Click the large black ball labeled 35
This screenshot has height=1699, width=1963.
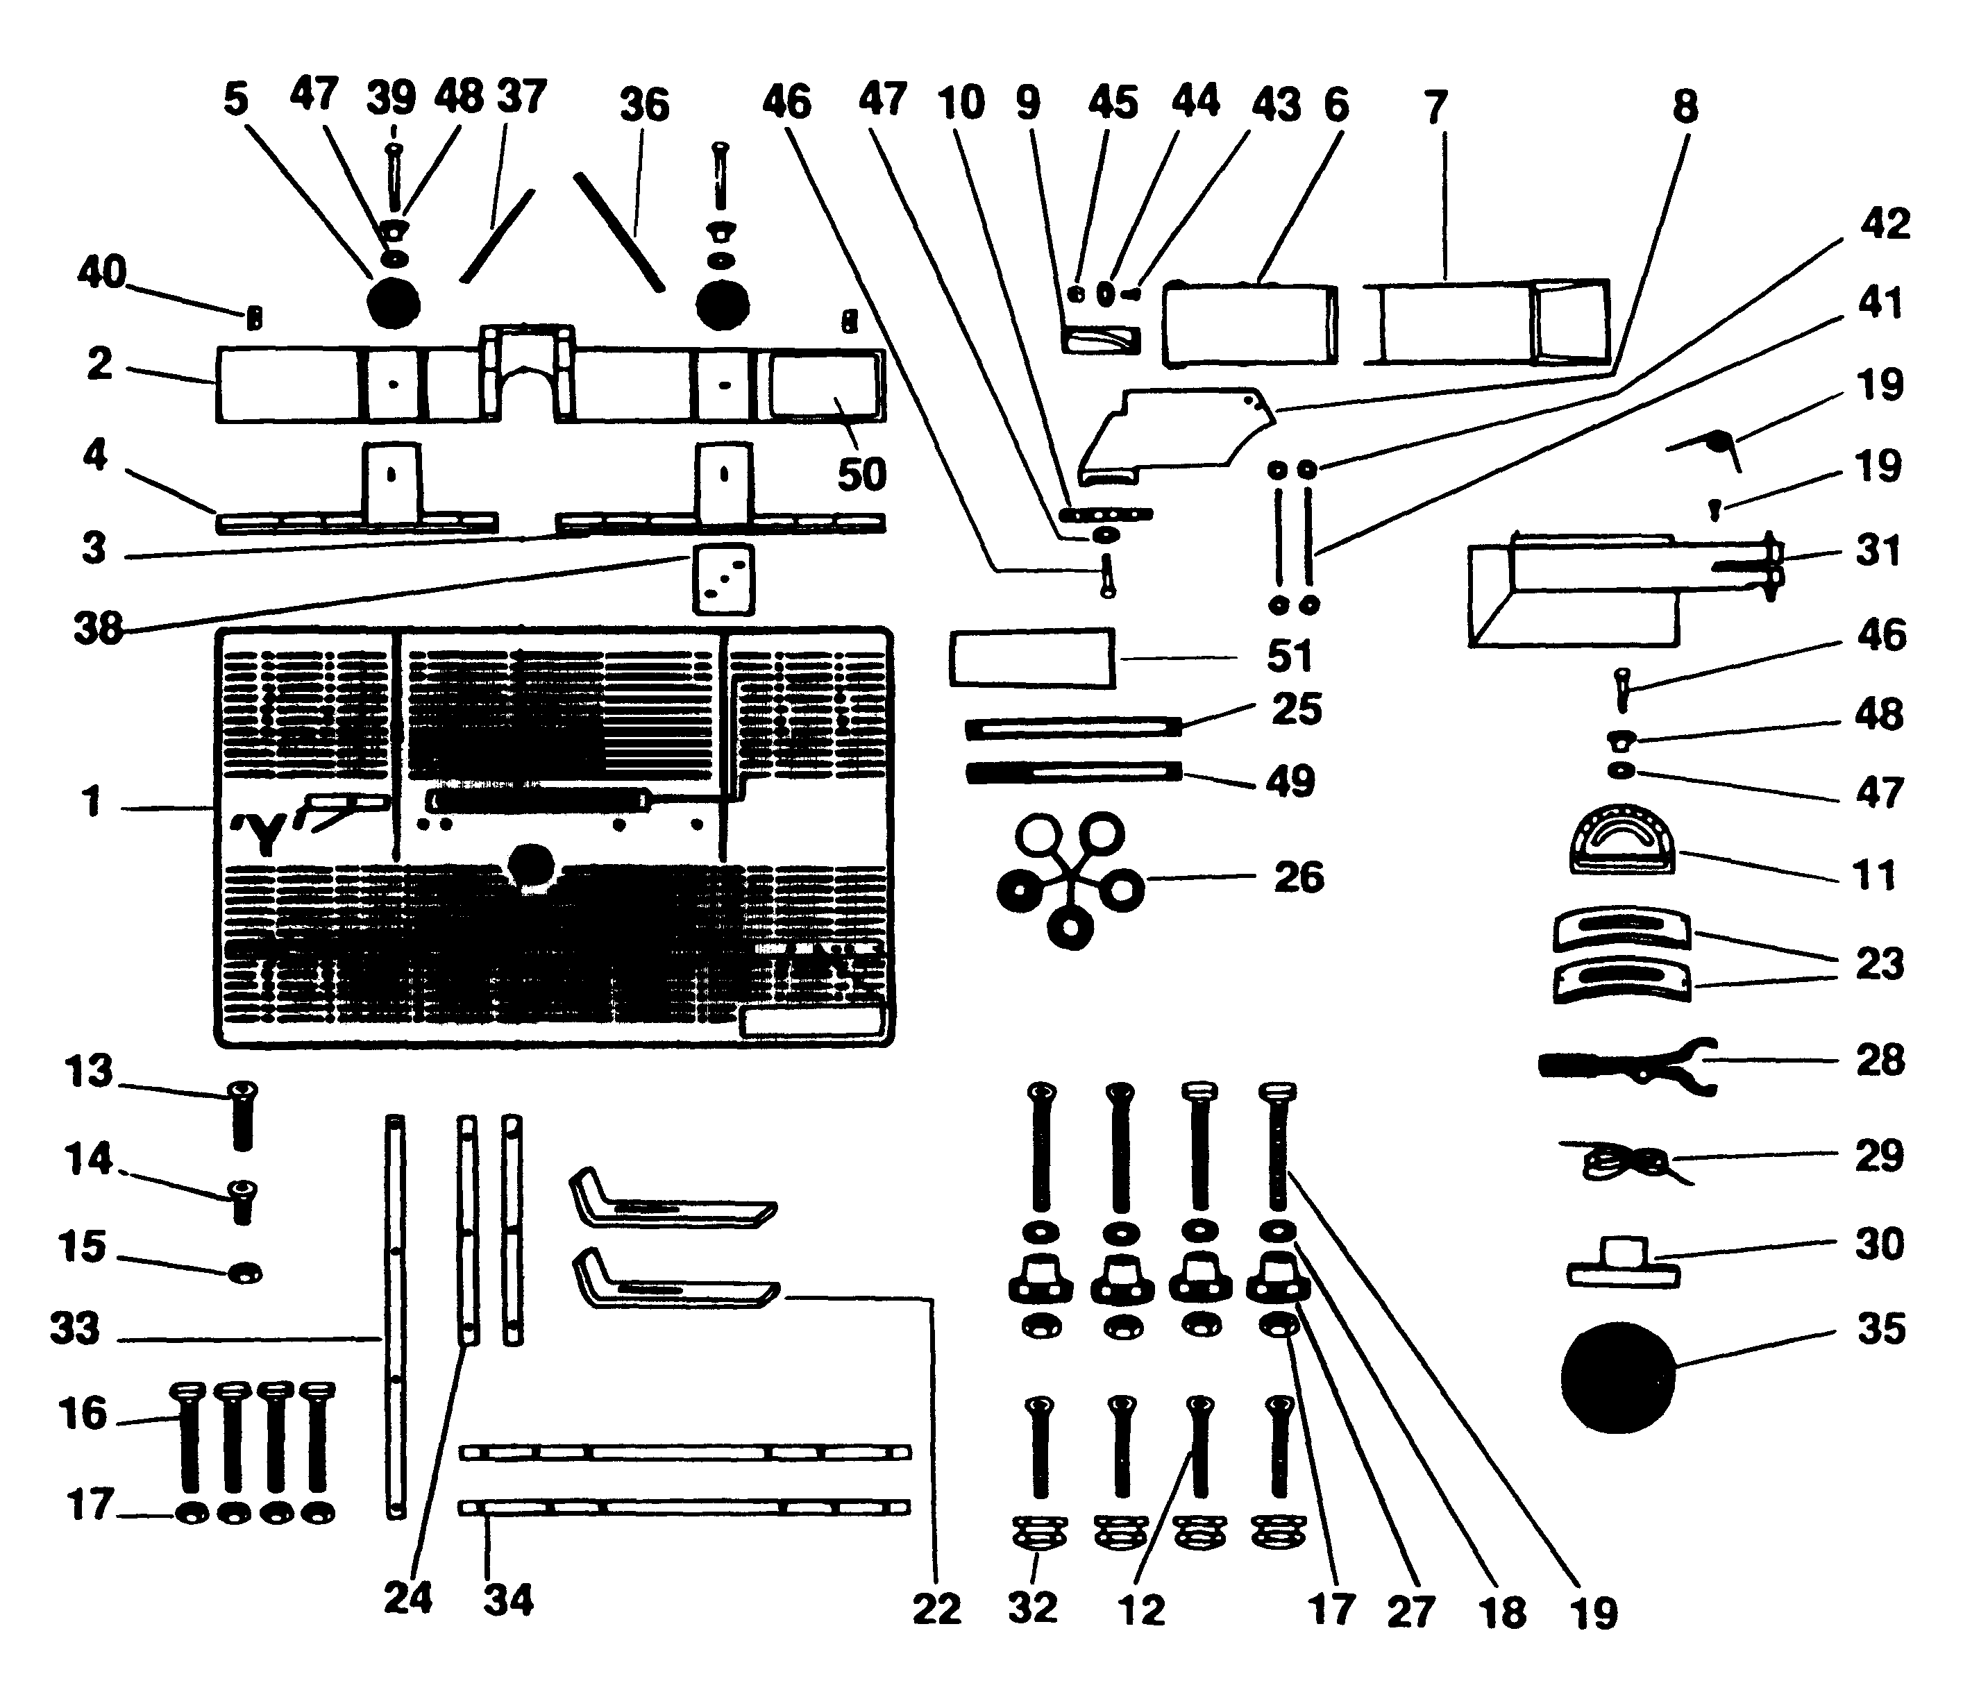click(x=1618, y=1377)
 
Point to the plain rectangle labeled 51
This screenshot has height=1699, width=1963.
click(x=1031, y=657)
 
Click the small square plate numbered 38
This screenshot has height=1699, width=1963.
click(x=723, y=578)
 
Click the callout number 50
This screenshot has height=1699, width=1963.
click(x=861, y=474)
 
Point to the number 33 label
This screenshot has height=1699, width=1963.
click(x=74, y=1328)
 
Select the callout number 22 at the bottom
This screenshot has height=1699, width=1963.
click(x=936, y=1609)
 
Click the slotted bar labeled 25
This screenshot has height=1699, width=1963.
click(x=1072, y=727)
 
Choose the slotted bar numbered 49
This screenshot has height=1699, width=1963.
click(x=1072, y=772)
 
